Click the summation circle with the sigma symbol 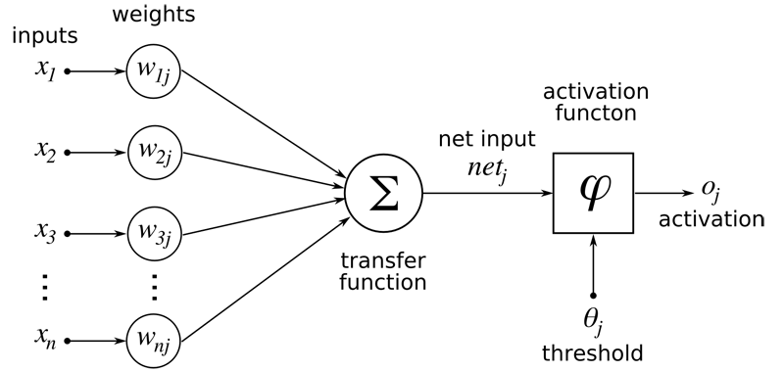382,192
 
